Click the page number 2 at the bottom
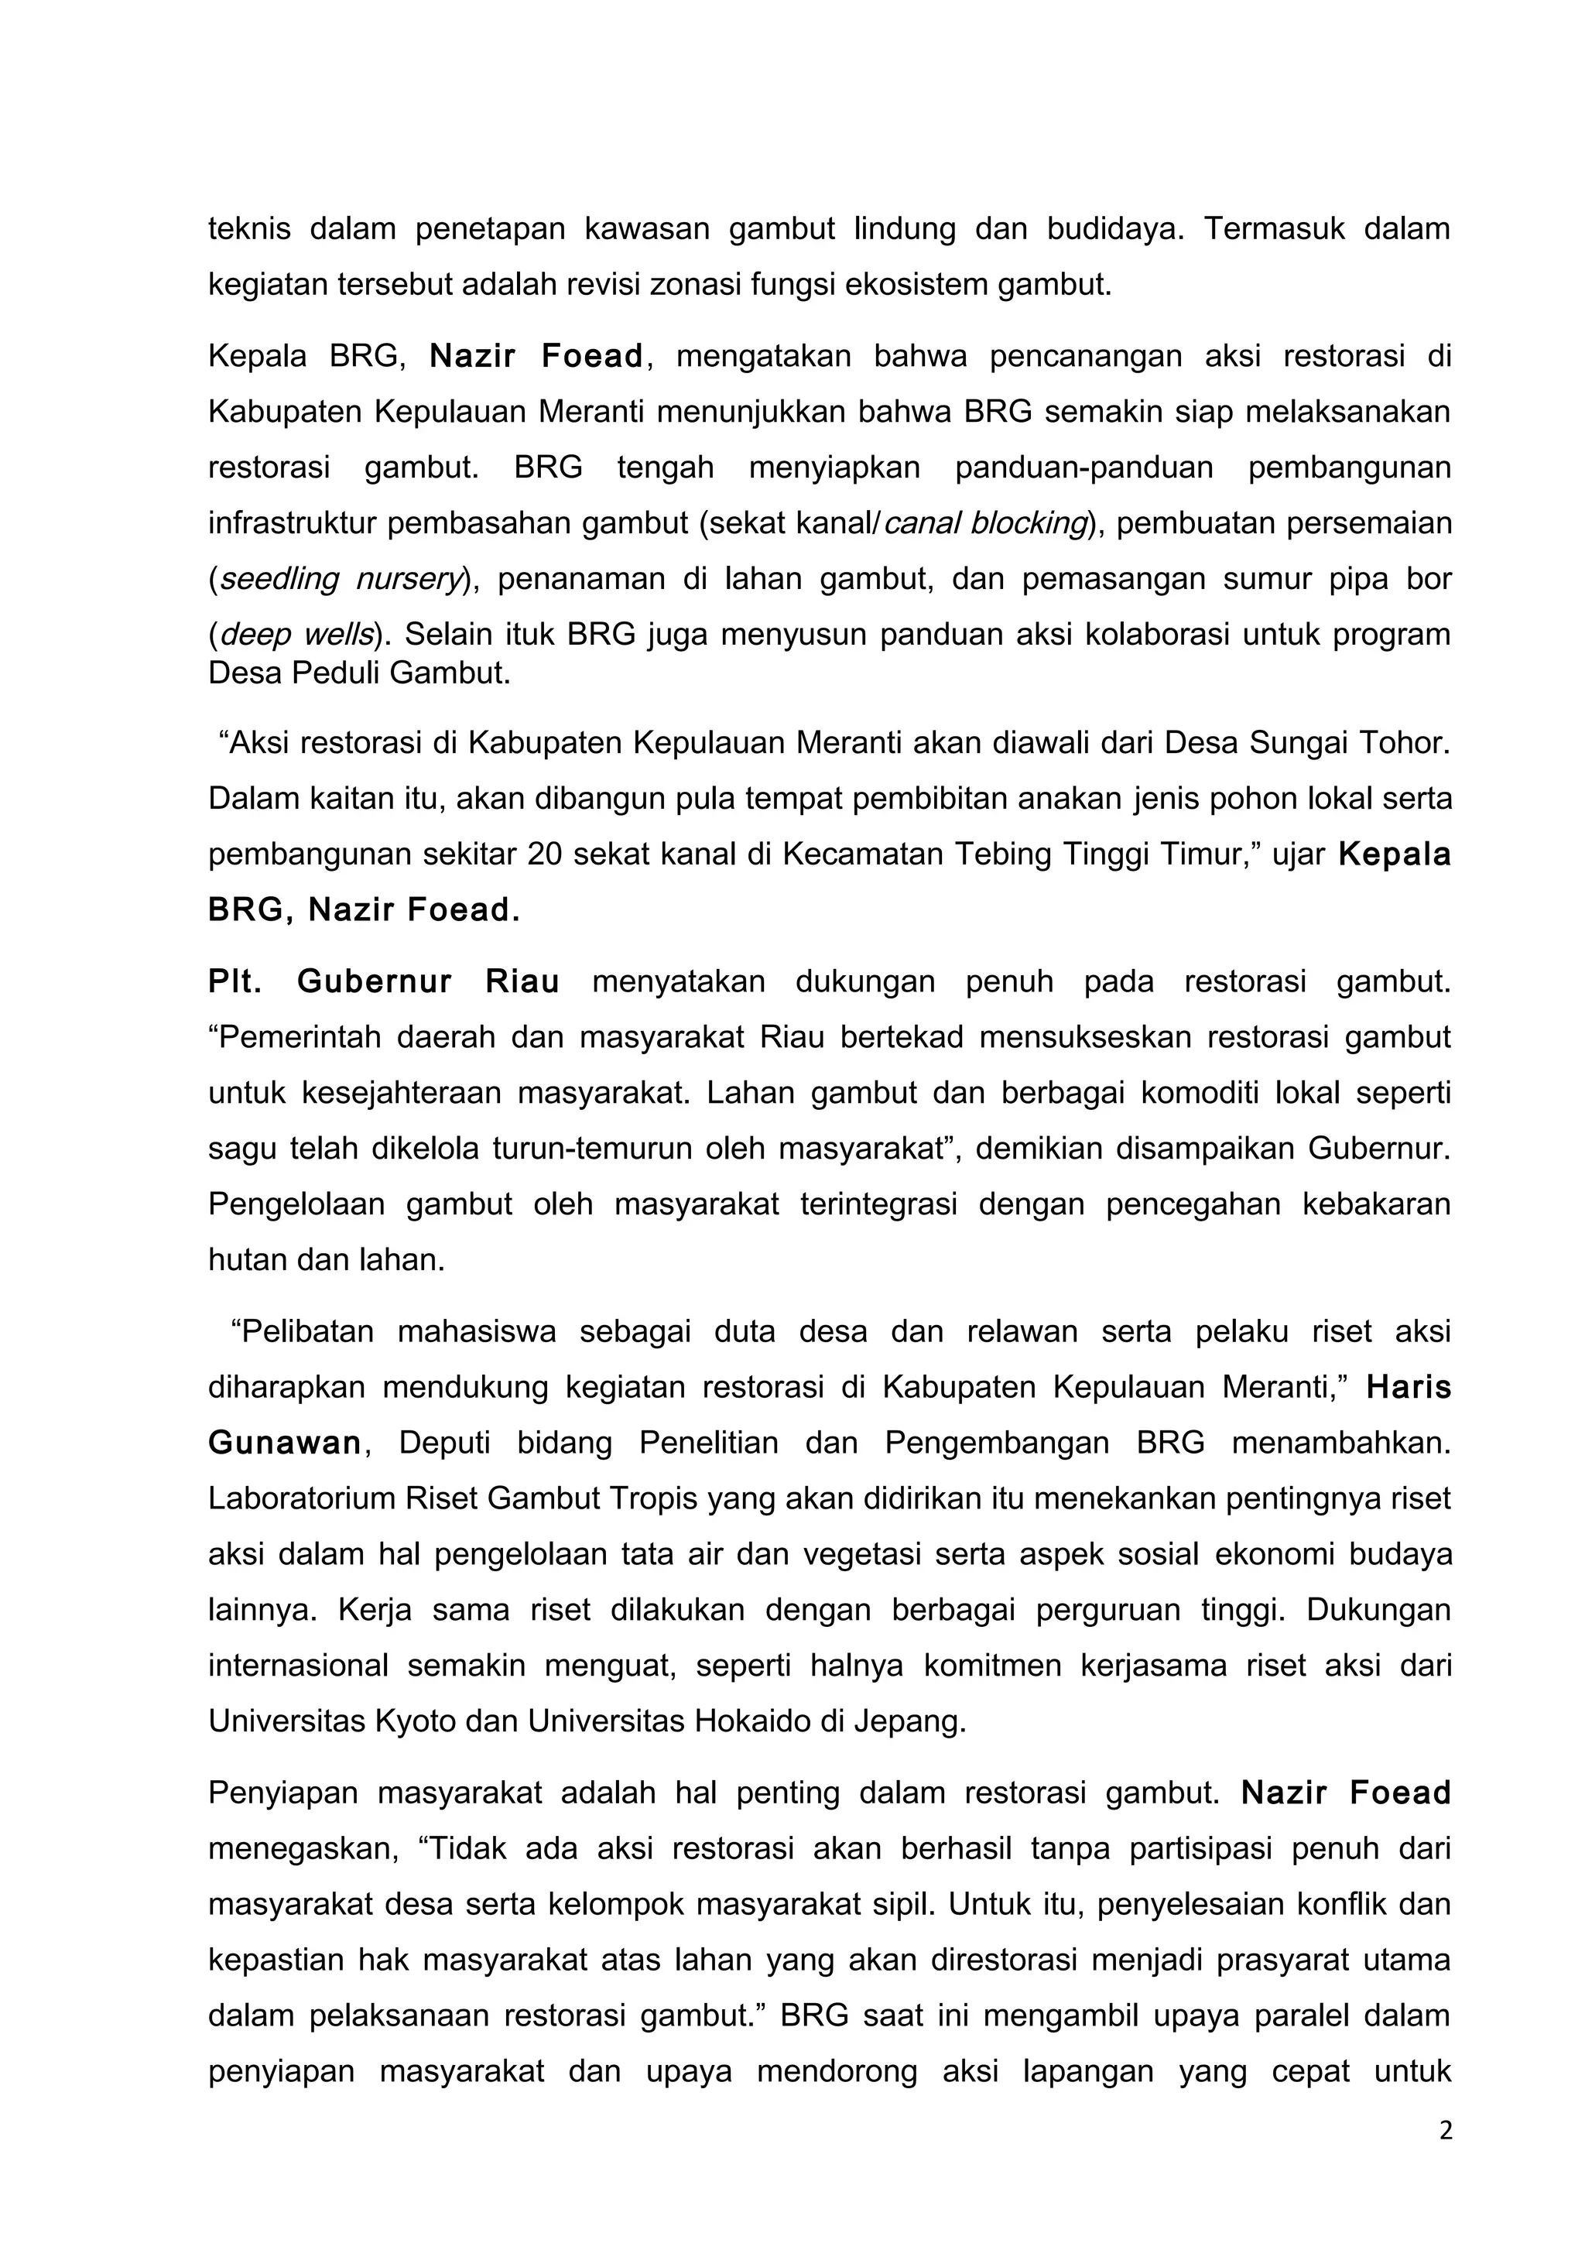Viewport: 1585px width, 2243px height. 1446,2131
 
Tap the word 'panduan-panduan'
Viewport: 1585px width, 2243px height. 1083,468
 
